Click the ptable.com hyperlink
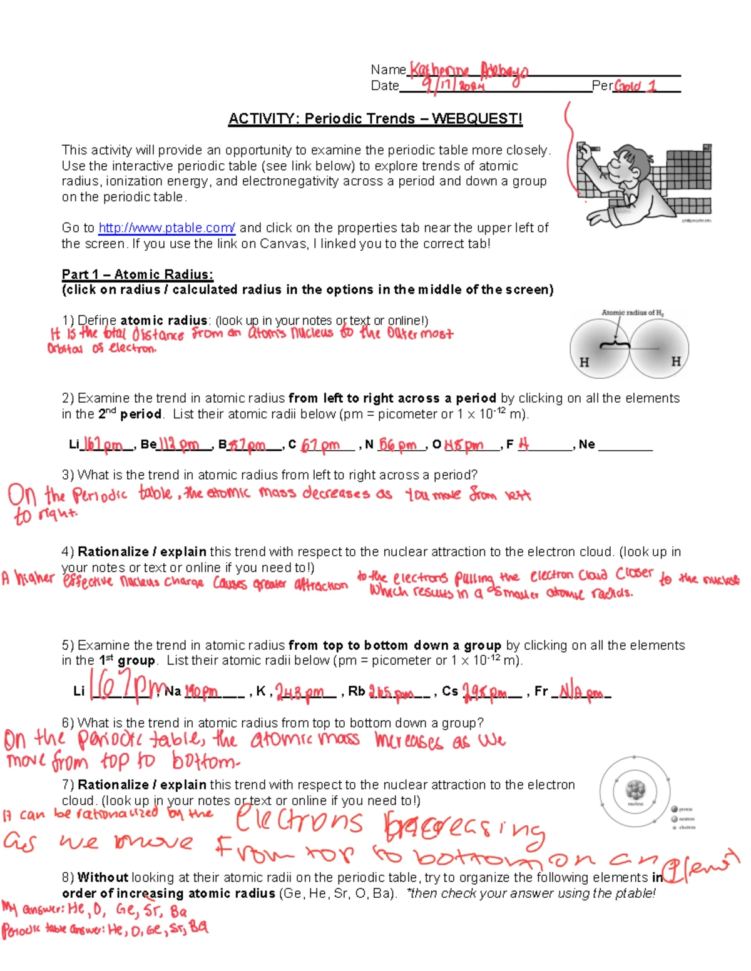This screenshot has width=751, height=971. pos(166,228)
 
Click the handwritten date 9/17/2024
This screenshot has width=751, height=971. pos(452,84)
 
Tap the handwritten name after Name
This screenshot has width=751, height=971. pos(468,70)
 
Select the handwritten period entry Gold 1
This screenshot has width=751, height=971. pos(635,86)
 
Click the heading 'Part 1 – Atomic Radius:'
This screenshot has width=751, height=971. pos(137,274)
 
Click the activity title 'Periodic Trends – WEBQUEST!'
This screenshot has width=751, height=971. pos(375,119)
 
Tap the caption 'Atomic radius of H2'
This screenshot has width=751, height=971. pos(632,313)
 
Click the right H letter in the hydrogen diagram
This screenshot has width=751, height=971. pos(675,361)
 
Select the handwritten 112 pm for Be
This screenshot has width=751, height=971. pos(178,445)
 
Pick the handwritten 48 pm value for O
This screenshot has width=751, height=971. pos(464,445)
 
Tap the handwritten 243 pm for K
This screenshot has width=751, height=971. pos(300,692)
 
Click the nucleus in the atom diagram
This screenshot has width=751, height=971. pos(635,790)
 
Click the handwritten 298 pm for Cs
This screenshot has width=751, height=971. pos(484,692)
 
